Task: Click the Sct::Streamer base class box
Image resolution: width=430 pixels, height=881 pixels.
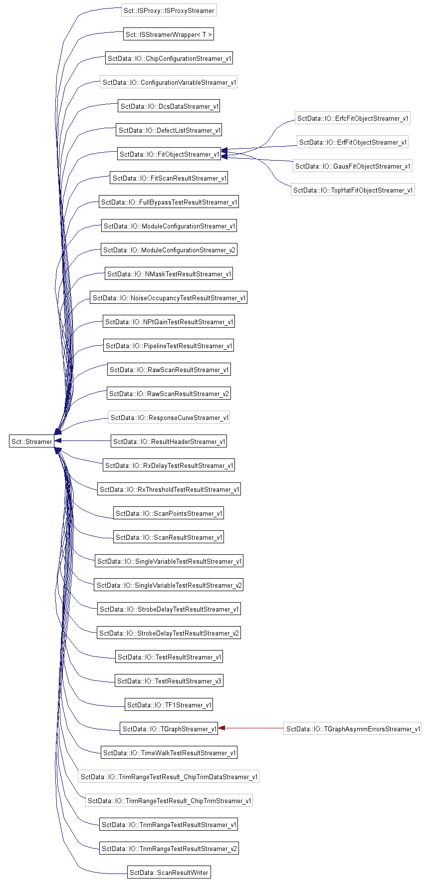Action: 32,441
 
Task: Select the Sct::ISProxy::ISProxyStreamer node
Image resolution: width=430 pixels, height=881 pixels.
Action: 169,10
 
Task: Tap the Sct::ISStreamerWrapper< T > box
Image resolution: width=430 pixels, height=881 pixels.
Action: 169,34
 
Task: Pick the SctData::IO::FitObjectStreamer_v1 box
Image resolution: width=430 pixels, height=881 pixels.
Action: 169,154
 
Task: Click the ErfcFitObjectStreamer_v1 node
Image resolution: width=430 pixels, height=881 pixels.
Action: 353,118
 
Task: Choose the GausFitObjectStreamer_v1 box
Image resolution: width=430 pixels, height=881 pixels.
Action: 353,166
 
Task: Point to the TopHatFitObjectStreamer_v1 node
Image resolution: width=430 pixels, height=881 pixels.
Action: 353,190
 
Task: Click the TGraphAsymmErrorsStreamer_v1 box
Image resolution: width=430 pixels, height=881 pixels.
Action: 353,728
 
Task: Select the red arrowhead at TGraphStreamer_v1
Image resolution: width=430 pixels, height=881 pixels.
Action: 222,728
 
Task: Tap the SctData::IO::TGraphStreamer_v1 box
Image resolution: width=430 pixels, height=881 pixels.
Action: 169,728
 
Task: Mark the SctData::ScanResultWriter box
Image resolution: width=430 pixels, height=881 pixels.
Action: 169,872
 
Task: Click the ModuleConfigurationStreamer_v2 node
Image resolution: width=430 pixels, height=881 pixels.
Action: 169,249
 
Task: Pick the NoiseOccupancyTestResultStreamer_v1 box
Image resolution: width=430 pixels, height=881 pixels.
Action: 169,297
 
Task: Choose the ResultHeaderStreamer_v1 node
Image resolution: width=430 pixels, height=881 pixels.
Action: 169,441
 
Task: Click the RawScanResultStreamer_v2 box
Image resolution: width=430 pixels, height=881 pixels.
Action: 169,393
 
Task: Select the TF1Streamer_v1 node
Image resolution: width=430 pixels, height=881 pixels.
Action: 169,704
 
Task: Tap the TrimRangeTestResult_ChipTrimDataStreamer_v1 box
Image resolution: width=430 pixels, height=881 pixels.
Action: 169,776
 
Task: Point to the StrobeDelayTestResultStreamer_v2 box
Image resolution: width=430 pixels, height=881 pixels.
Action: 169,633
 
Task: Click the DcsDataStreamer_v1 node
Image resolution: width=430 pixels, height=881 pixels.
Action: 169,106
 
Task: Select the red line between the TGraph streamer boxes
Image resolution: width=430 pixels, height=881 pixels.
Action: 254,728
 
